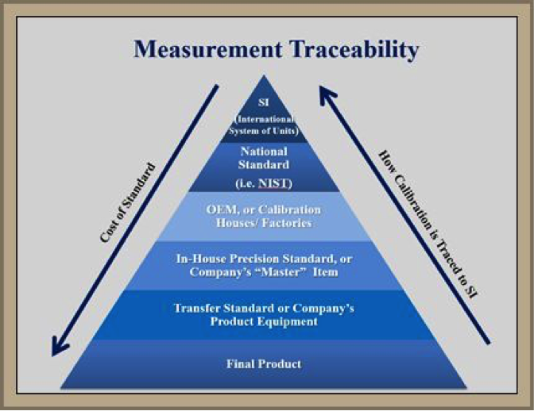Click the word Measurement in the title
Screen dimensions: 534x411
tap(207, 49)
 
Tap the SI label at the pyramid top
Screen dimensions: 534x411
tap(264, 102)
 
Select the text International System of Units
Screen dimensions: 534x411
tap(264, 125)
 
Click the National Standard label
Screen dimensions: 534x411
tap(264, 158)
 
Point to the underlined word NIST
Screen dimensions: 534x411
tap(273, 183)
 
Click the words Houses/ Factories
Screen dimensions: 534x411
tap(264, 223)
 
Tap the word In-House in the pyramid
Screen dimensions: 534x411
tap(201, 259)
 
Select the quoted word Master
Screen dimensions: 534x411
tap(281, 272)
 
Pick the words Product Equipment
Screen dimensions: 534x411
tap(264, 321)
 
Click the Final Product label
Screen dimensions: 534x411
tap(264, 364)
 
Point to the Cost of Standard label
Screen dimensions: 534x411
tap(128, 202)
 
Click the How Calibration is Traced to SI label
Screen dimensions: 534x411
tap(428, 225)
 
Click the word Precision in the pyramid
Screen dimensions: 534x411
tap(255, 259)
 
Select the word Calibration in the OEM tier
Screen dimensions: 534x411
tap(289, 209)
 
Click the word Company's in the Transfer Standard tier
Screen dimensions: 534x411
tap(323, 309)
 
